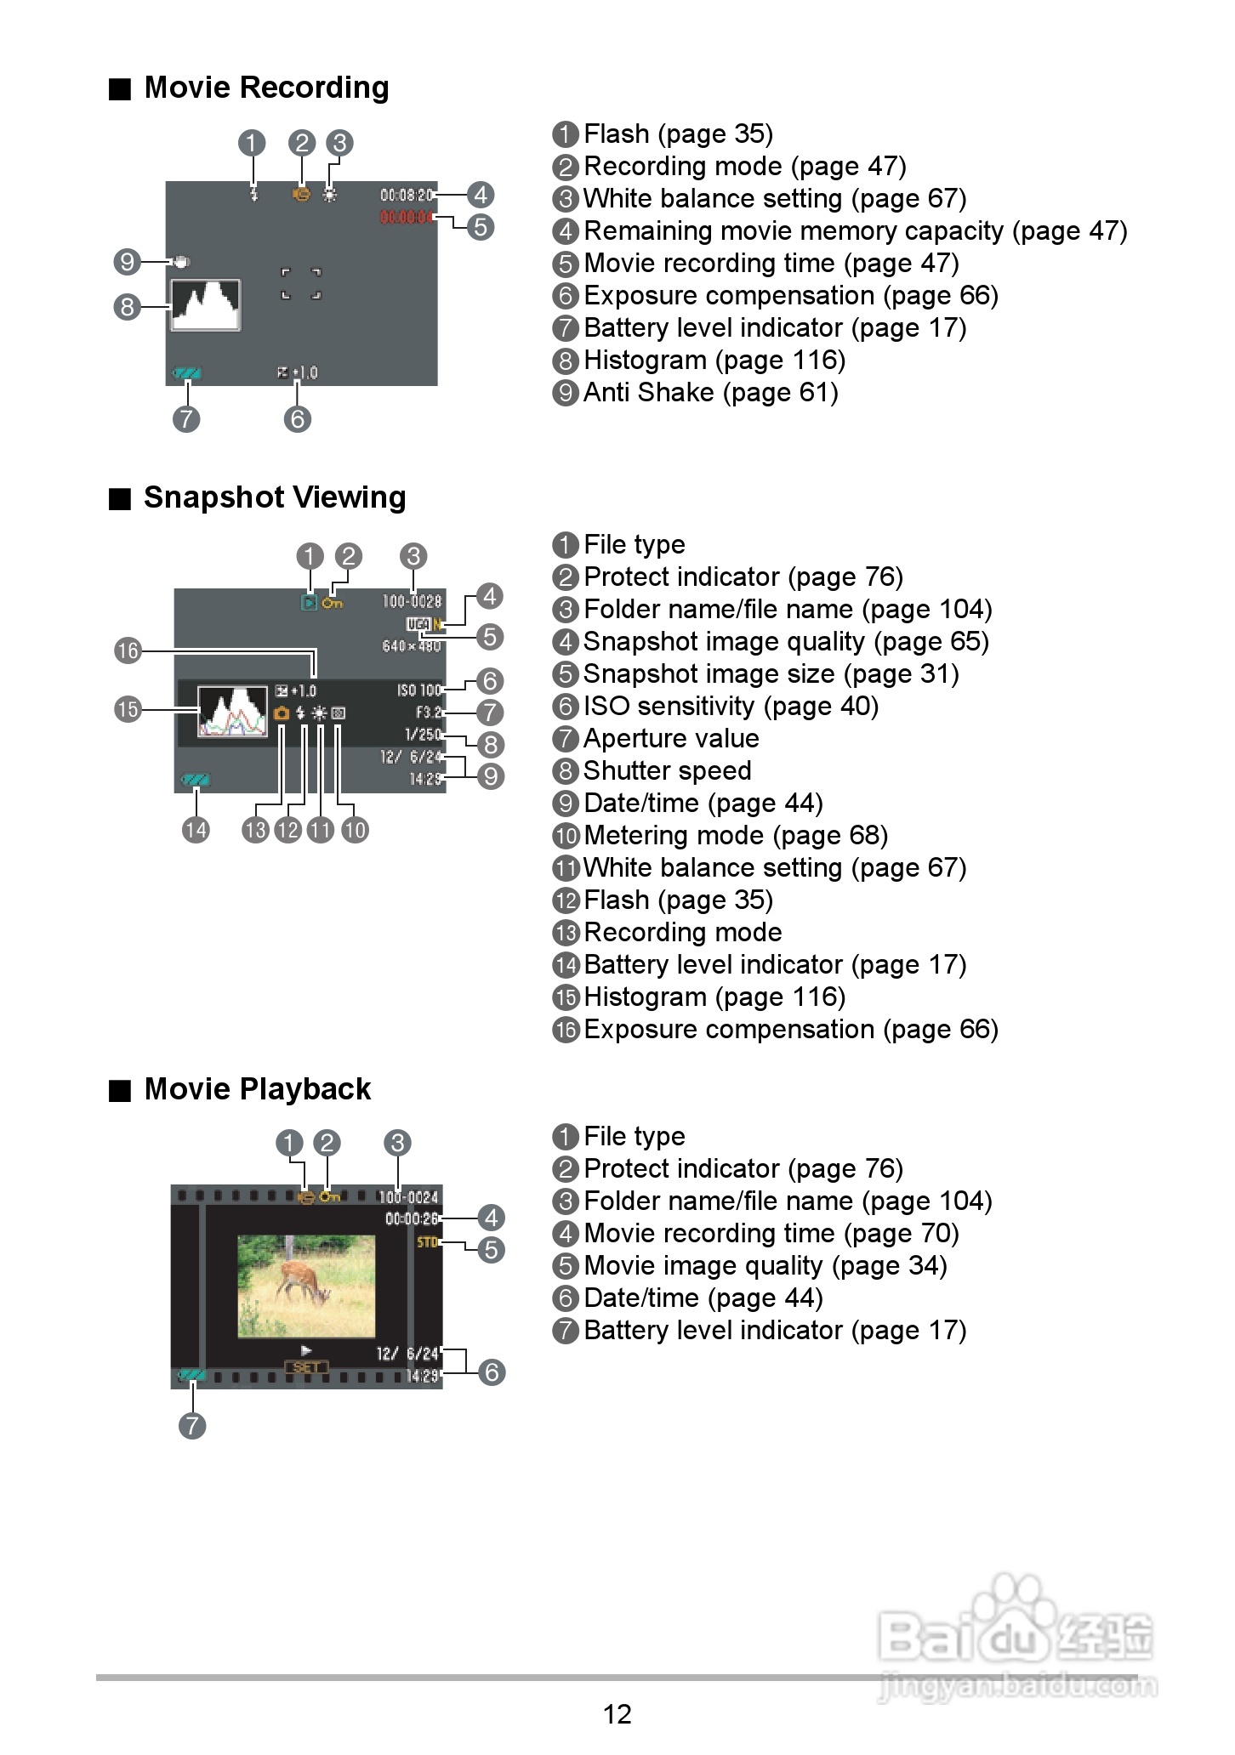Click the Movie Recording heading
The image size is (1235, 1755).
pyautogui.click(x=265, y=88)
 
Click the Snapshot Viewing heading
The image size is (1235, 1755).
pyautogui.click(x=274, y=497)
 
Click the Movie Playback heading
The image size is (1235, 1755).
pyautogui.click(x=257, y=1089)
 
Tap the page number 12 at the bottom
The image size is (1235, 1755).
pyautogui.click(x=617, y=1713)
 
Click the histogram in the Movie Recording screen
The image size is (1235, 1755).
pyautogui.click(x=205, y=304)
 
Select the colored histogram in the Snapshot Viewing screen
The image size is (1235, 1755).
pyautogui.click(x=232, y=712)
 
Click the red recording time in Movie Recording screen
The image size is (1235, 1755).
pyautogui.click(x=407, y=218)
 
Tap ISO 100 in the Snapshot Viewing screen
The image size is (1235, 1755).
pyautogui.click(x=419, y=690)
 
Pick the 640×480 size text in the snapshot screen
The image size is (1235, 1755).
pyautogui.click(x=412, y=646)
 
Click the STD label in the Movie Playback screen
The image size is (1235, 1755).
pyautogui.click(x=427, y=1242)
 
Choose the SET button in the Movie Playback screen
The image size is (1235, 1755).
pyautogui.click(x=306, y=1367)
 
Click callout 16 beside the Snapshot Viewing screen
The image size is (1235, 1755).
pyautogui.click(x=128, y=651)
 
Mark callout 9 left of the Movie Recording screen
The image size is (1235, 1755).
pyautogui.click(x=127, y=261)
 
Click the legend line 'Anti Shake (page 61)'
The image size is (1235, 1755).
pyautogui.click(x=710, y=393)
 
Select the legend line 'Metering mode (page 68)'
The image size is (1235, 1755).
pyautogui.click(x=735, y=836)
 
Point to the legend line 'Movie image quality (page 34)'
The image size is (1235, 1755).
pyautogui.click(x=765, y=1266)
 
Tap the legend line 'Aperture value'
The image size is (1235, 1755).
pyautogui.click(x=670, y=739)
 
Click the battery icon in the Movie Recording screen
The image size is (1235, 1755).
pyautogui.click(x=186, y=373)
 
